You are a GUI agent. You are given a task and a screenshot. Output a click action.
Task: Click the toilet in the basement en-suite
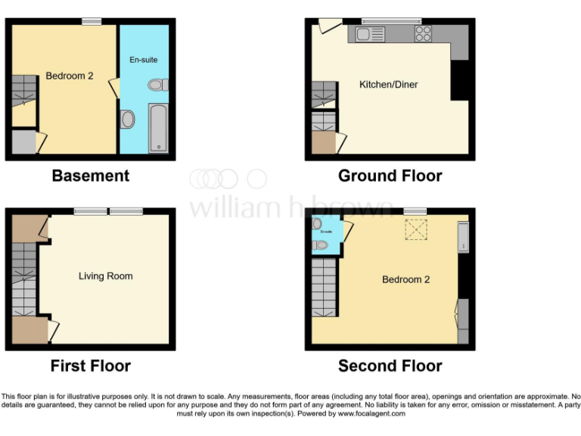click(x=158, y=85)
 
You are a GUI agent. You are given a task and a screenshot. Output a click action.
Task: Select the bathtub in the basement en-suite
click(x=158, y=129)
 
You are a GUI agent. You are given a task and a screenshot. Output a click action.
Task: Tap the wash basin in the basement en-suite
click(x=127, y=119)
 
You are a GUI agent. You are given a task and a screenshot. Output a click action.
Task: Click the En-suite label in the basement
click(x=144, y=59)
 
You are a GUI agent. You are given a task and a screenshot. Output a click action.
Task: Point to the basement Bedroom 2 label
click(x=70, y=76)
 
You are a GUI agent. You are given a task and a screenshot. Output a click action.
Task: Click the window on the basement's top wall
click(x=92, y=21)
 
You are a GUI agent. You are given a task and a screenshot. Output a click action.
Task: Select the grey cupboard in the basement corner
click(x=23, y=142)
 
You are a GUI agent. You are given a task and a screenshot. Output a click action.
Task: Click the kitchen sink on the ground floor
click(x=367, y=34)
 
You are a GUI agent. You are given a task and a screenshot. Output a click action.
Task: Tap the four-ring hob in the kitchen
click(x=423, y=34)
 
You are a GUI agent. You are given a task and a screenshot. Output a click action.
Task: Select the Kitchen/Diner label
click(x=388, y=85)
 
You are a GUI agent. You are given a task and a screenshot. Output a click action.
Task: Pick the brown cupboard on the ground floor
click(x=324, y=144)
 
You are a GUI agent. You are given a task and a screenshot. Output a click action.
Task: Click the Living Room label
click(x=105, y=276)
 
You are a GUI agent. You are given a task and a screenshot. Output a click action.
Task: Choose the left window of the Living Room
click(x=90, y=211)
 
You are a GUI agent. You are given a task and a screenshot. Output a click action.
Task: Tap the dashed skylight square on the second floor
click(x=415, y=229)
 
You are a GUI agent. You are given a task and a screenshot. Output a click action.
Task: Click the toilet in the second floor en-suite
click(x=321, y=244)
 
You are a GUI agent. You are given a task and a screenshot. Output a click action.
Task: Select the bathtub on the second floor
click(x=463, y=238)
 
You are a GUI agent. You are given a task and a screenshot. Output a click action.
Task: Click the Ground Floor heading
click(x=390, y=176)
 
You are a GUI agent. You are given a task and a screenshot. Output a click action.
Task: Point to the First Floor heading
click(x=90, y=366)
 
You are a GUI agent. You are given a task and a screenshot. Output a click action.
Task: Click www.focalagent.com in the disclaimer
click(x=370, y=414)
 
